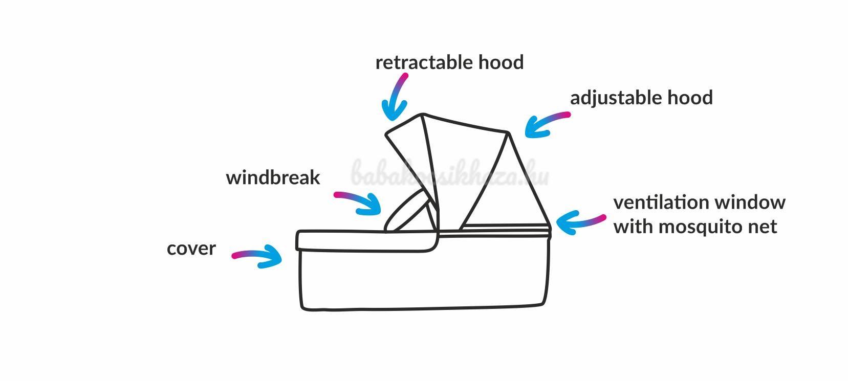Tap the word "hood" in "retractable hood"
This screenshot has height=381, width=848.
tap(501, 62)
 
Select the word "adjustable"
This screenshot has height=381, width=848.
tap(615, 98)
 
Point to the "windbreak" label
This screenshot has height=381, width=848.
tap(273, 177)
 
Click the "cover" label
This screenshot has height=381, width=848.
tap(191, 249)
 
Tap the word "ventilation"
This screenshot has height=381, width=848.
tap(663, 203)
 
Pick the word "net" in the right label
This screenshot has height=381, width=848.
tap(763, 227)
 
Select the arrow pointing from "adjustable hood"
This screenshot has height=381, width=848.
tap(546, 124)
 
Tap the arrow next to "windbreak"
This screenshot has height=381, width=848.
tap(359, 203)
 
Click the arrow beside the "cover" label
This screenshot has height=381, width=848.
tap(258, 256)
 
